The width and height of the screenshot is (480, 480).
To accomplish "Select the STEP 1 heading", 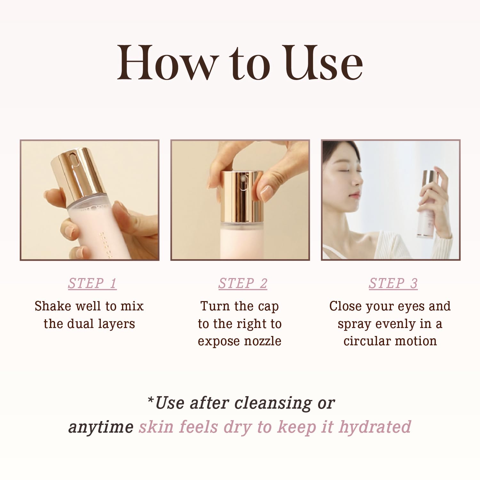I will pos(92,284).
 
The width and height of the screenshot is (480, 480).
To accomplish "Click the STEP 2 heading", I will pos(243,284).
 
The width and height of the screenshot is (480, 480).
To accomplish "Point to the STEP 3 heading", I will pos(393,284).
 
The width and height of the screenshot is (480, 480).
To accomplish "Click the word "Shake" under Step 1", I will pos(53,306).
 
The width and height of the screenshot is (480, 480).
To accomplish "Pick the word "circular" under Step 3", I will pos(361,341).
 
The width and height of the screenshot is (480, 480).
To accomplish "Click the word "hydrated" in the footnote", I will pos(375,427).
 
